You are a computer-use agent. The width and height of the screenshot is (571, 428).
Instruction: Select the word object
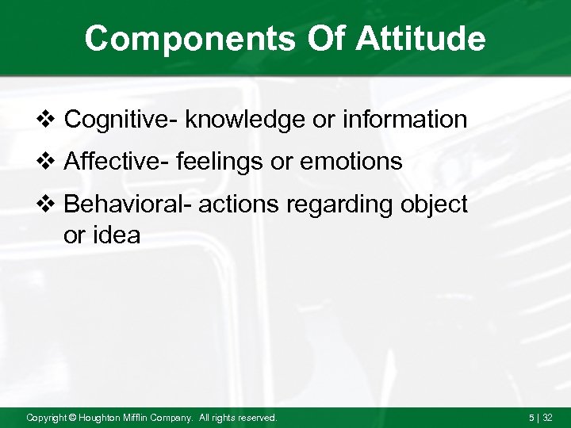[435, 204]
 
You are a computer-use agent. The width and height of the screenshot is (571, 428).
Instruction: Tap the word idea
[117, 235]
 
